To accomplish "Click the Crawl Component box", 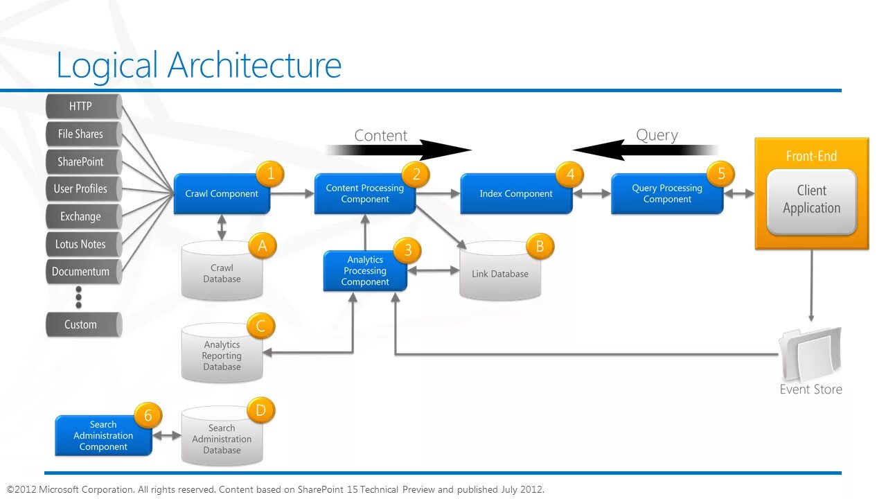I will pyautogui.click(x=221, y=194).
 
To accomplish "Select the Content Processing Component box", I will pyautogui.click(x=364, y=194).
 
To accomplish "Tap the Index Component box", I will pyautogui.click(x=516, y=194).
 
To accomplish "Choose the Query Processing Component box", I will pyautogui.click(x=666, y=194).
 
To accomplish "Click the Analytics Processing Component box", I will pyautogui.click(x=365, y=271).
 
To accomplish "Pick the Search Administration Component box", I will pyautogui.click(x=103, y=436).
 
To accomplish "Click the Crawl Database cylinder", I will pyautogui.click(x=222, y=274).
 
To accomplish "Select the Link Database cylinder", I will pyautogui.click(x=499, y=274).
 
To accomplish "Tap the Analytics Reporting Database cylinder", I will pyautogui.click(x=222, y=356).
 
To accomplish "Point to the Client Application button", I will pyautogui.click(x=811, y=200).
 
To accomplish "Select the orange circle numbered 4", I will pyautogui.click(x=570, y=175).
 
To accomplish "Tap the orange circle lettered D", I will pyautogui.click(x=260, y=411).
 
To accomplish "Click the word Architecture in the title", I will pyautogui.click(x=254, y=66).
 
